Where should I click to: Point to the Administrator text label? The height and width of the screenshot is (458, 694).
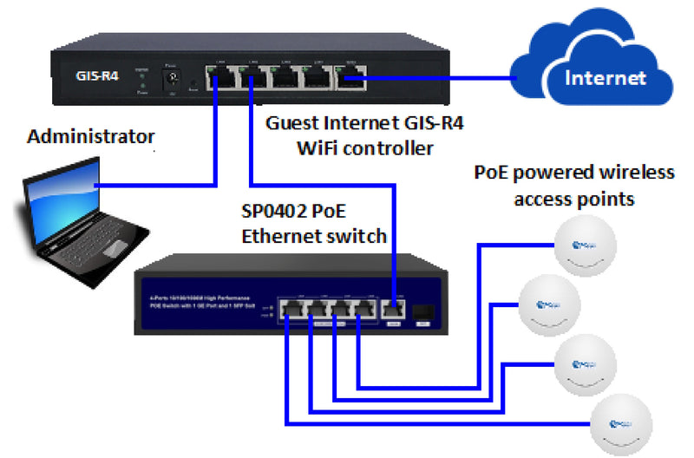[91, 136]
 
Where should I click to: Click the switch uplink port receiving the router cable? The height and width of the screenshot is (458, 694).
[393, 311]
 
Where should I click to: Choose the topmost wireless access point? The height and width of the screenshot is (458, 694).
[586, 244]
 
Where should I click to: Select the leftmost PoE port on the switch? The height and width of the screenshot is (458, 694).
[287, 311]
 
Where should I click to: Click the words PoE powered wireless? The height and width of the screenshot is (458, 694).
[573, 172]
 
